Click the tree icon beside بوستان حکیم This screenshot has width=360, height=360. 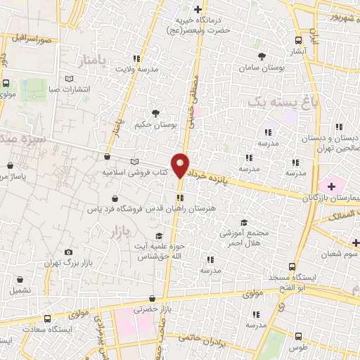(155, 112)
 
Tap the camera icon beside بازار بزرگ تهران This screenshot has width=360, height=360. (68, 252)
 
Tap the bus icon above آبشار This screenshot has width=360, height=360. (298, 40)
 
